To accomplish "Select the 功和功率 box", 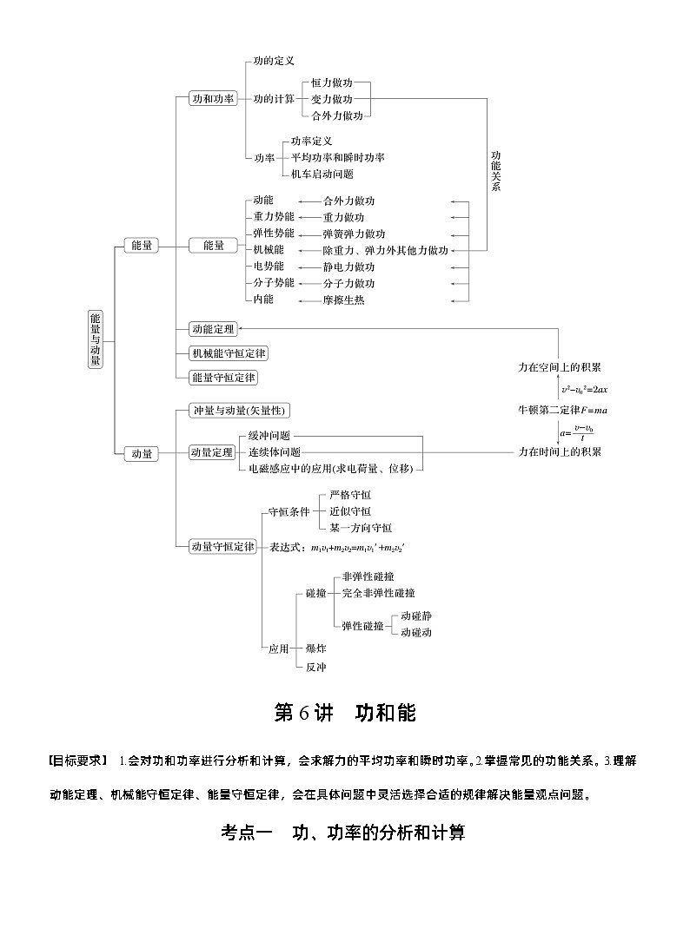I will pos(214,99).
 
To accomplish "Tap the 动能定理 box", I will pos(213,329).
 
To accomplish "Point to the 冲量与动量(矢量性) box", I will pos(239,411).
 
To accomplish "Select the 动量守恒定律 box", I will pos(224,546).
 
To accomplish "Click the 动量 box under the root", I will pos(142,453).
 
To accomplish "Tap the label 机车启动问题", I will pos(322,174).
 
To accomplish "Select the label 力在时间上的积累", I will pos(560,451).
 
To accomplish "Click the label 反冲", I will pos(315,666).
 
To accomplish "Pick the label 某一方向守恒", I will pos(361,527).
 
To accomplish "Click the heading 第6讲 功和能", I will pos(345,713).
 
